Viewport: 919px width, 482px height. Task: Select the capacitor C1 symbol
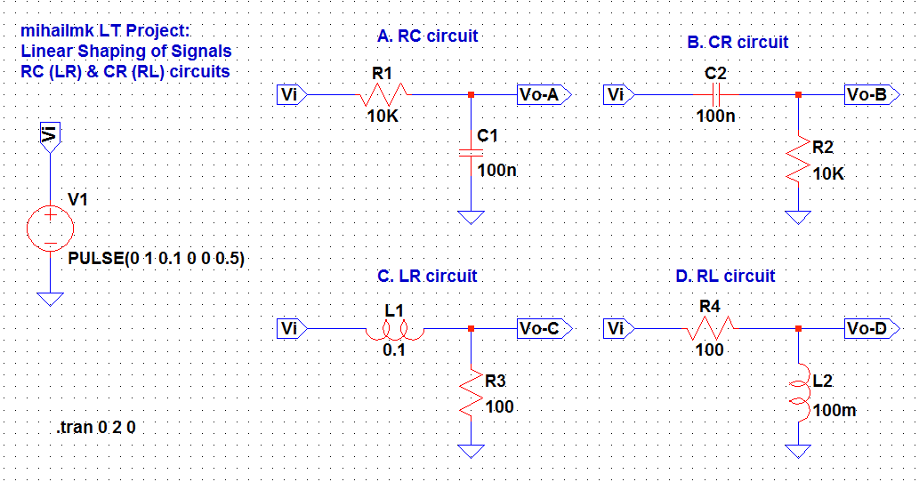tap(471, 152)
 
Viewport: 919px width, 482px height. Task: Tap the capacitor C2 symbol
tap(716, 94)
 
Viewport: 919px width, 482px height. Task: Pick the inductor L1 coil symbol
tap(393, 330)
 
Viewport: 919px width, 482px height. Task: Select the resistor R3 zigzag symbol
tap(471, 393)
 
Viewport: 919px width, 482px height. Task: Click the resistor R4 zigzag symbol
tap(709, 329)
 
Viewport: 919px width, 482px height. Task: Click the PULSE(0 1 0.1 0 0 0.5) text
tap(157, 258)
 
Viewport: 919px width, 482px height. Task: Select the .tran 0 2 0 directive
tap(96, 428)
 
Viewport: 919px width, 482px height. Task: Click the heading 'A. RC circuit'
tap(427, 36)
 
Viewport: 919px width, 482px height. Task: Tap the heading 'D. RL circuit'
tap(725, 277)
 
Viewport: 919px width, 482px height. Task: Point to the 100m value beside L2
tap(834, 412)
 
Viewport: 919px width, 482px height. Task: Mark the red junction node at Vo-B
tap(798, 94)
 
